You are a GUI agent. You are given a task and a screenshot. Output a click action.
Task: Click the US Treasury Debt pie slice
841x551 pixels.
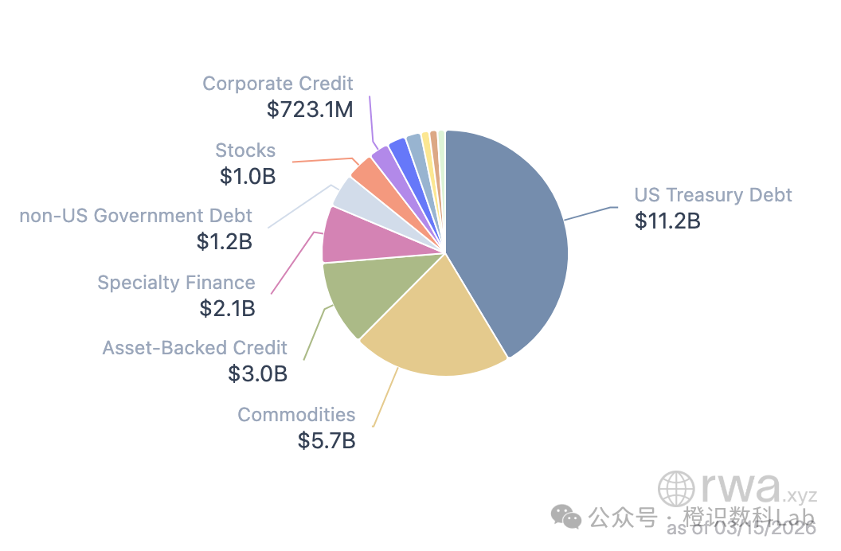pos(510,239)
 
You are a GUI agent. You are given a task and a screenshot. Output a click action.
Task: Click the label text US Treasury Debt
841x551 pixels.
pos(713,195)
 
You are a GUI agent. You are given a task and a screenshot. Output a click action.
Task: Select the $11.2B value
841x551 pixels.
pos(667,221)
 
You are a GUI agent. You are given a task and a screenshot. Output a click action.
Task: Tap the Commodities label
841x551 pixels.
pos(296,415)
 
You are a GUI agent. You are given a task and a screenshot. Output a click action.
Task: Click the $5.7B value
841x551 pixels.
pos(327,440)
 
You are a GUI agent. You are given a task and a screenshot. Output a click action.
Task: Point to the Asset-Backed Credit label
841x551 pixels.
pos(194,348)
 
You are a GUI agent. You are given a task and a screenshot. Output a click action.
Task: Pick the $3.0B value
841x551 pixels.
pos(257,373)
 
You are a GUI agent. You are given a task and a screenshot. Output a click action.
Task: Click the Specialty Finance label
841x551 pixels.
pos(176,283)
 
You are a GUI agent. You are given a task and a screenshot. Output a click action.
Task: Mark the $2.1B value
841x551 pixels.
pos(227,307)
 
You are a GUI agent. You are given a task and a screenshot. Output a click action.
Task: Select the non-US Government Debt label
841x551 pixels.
pos(135,216)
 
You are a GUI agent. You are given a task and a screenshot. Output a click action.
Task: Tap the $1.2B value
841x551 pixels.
pos(224,240)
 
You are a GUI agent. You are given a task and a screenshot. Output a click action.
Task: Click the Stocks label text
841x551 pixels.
pos(245,150)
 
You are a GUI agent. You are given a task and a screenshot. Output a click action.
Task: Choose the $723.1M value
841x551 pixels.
pos(310,109)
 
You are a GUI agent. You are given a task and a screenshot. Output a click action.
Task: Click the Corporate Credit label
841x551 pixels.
pos(277,84)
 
